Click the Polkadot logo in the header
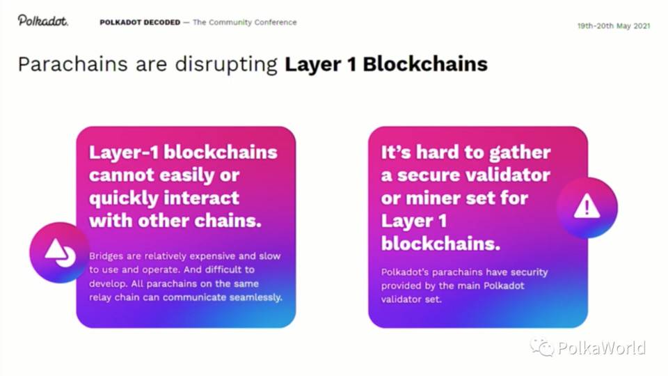tap(43, 21)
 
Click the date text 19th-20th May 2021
tap(613, 26)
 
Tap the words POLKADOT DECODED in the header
tap(140, 22)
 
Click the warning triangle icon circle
tap(587, 207)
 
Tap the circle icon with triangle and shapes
tap(60, 252)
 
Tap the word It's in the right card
tap(397, 152)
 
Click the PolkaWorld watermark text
tap(601, 347)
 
